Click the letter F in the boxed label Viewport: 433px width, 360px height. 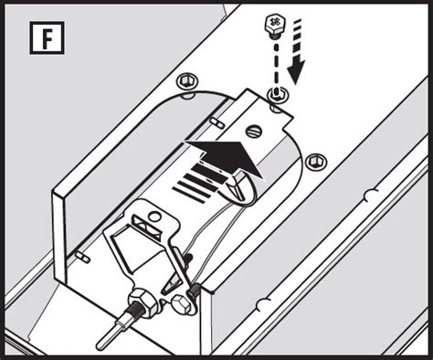click(x=47, y=38)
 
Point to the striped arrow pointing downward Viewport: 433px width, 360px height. click(x=297, y=51)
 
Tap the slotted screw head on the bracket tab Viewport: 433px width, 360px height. click(x=255, y=131)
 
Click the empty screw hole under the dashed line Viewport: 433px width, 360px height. click(x=277, y=93)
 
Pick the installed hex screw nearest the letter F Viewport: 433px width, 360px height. click(x=186, y=81)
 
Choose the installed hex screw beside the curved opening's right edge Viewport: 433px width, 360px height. click(x=315, y=162)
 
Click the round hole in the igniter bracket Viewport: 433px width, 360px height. click(x=155, y=217)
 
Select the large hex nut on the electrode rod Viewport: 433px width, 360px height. click(x=143, y=302)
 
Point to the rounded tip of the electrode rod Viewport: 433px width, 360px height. click(x=100, y=346)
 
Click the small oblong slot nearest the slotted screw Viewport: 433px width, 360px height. click(x=217, y=122)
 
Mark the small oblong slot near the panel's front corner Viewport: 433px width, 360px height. click(x=82, y=257)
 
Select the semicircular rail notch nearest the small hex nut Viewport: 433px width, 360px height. click(x=264, y=304)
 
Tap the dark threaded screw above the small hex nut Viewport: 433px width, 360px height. click(x=193, y=291)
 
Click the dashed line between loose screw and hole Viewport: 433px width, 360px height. click(x=277, y=66)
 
